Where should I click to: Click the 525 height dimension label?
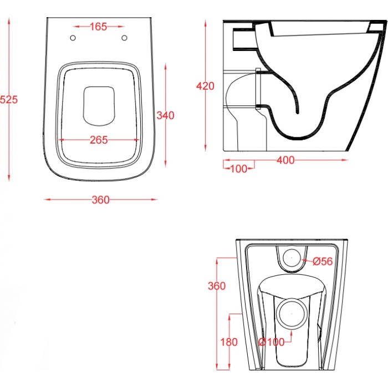9,99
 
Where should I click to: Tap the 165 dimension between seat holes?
99,27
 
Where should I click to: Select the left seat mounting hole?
73,38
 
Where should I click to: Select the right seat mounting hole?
125,38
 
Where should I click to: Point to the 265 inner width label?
99,140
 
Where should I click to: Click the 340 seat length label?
166,115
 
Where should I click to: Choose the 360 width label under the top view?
100,200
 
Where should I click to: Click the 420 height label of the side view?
205,86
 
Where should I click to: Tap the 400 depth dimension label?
285,160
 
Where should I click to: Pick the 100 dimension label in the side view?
238,169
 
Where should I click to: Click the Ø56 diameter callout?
323,261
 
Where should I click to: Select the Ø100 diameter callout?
272,342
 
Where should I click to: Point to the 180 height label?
229,342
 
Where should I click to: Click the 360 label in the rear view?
217,286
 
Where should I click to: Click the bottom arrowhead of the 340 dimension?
166,164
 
